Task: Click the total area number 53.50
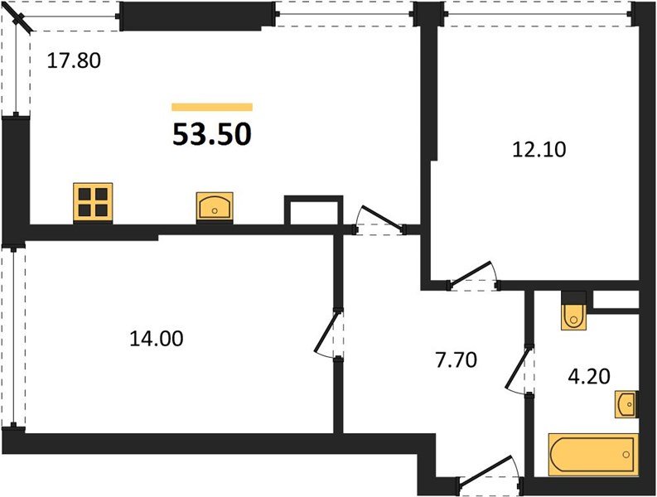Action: click(211, 133)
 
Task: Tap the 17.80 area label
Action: click(74, 60)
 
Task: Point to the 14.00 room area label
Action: click(156, 338)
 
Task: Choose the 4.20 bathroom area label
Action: click(589, 377)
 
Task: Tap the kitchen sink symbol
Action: click(215, 206)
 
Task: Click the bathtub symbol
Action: click(593, 453)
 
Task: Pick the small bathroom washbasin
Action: click(626, 404)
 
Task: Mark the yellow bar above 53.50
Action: click(211, 107)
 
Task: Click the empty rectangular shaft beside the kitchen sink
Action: click(313, 210)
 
